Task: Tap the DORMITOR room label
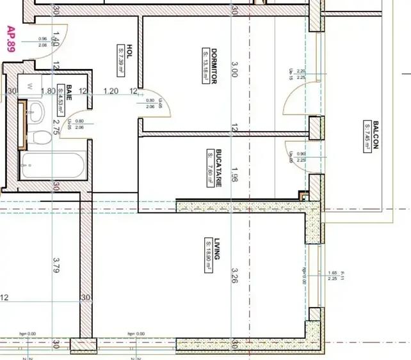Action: [x=214, y=67]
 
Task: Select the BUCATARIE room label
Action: [x=219, y=168]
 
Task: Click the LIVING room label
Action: [x=217, y=249]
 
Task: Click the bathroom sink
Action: [x=35, y=114]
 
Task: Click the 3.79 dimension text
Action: [x=56, y=265]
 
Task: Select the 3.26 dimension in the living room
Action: [x=234, y=275]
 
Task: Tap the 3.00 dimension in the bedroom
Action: [x=234, y=69]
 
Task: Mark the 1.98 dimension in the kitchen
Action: [x=234, y=173]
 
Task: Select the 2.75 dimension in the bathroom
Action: [x=56, y=126]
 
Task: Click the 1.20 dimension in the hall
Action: [x=111, y=91]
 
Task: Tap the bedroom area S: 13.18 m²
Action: [x=205, y=67]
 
